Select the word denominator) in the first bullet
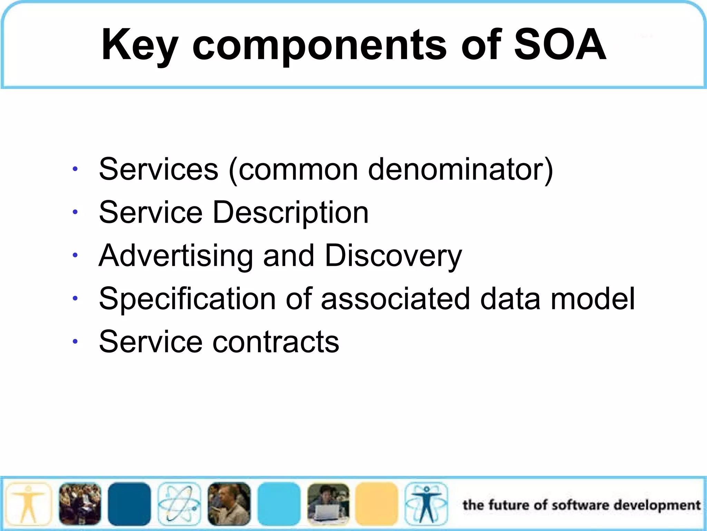click(x=461, y=169)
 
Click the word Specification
click(x=187, y=299)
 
